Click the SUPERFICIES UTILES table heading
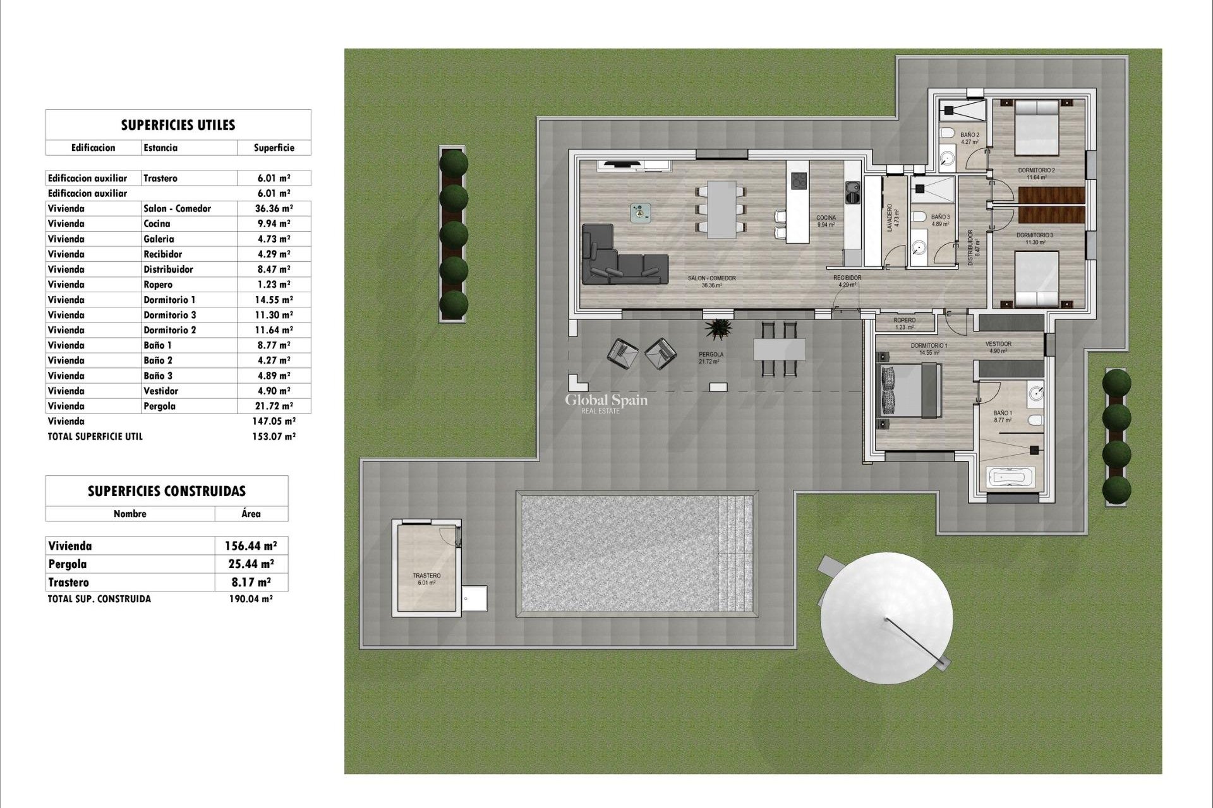pos(178,125)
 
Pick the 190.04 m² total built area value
pos(251,599)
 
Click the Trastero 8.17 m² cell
pos(251,582)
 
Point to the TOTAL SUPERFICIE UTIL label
pos(95,436)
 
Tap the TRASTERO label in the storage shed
pos(426,576)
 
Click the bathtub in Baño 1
pos(1011,477)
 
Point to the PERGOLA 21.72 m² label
pos(711,358)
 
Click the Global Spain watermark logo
pos(606,401)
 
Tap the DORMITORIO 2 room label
pos(1036,171)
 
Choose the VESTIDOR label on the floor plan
pos(998,345)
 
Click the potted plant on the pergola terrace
pos(719,329)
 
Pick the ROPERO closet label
pos(905,321)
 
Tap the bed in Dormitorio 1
pos(910,391)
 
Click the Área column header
pos(251,514)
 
